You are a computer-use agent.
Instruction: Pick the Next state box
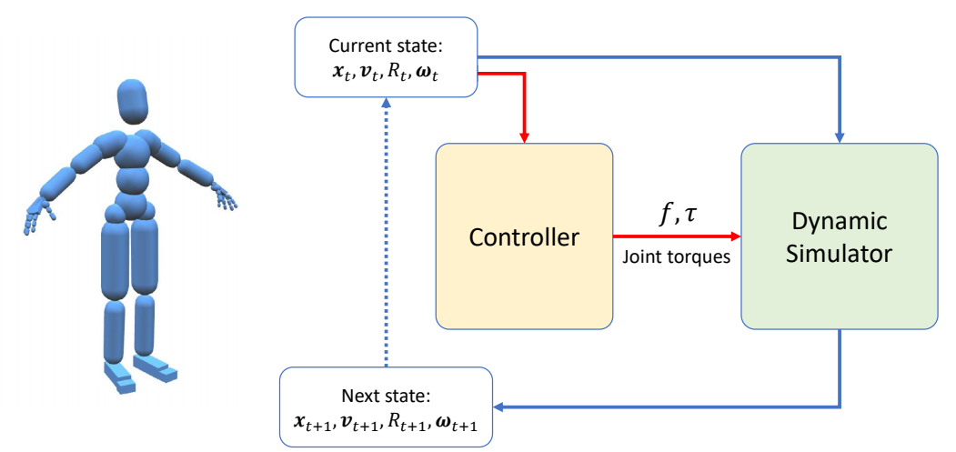(x=387, y=407)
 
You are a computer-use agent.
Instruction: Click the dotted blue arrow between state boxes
(x=387, y=236)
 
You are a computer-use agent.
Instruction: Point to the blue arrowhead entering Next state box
(x=501, y=407)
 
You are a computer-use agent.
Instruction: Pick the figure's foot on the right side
(x=157, y=367)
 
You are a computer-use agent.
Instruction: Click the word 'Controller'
(x=524, y=238)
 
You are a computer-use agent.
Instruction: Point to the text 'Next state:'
(x=387, y=397)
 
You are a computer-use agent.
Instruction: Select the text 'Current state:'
(x=386, y=46)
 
